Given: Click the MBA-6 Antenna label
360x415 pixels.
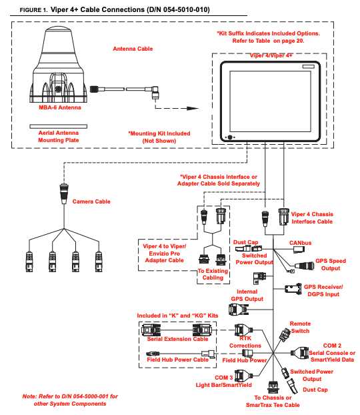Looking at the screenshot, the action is (x=60, y=107).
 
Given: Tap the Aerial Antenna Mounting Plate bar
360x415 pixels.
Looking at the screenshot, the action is (x=58, y=127).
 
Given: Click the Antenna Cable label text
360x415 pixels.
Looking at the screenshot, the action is (x=133, y=49).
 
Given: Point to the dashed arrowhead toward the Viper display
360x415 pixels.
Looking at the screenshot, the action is (x=193, y=108).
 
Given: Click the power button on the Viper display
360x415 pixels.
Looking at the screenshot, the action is (x=230, y=137).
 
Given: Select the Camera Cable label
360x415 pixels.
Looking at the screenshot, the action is (x=91, y=201).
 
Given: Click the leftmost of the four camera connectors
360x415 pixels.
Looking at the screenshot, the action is (x=29, y=262).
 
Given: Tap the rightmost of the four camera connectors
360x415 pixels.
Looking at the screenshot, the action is (x=99, y=262).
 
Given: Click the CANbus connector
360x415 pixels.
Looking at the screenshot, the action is (x=299, y=250).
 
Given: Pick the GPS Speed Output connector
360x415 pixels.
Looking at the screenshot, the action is (x=305, y=266).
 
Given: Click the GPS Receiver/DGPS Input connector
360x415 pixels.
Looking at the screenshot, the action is (x=293, y=288).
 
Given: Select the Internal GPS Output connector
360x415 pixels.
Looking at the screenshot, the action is (x=239, y=309).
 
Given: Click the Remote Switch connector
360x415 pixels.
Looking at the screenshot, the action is (x=285, y=334).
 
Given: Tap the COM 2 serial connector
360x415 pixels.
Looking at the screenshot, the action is (x=300, y=353).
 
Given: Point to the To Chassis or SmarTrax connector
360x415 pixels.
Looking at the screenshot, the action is (x=273, y=387).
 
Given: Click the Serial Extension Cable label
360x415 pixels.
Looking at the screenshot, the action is (x=177, y=339).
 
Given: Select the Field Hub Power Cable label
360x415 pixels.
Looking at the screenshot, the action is (x=178, y=360).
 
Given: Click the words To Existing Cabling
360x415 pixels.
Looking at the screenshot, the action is (x=213, y=274).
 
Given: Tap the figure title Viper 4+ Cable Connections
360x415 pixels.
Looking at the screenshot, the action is (x=130, y=10).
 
